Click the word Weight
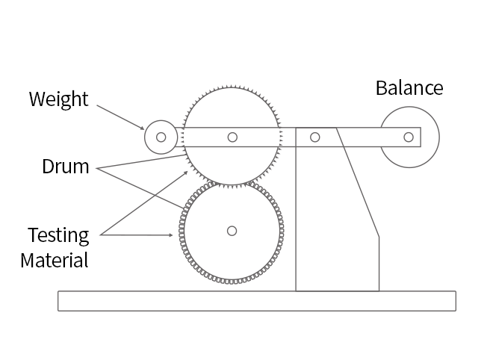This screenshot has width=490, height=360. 58,99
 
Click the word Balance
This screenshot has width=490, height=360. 409,88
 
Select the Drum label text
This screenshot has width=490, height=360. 65,167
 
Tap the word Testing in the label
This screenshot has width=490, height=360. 58,235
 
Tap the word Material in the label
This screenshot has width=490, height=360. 54,261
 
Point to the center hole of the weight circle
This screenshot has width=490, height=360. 161,137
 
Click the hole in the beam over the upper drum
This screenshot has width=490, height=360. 233,137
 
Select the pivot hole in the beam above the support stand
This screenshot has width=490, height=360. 315,137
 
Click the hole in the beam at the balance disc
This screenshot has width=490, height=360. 408,137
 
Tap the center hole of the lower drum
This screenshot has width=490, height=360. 232,231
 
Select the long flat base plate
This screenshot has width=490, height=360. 256,300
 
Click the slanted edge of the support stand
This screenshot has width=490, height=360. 359,187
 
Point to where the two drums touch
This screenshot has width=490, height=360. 232,182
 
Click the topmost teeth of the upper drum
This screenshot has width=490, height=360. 232,88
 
